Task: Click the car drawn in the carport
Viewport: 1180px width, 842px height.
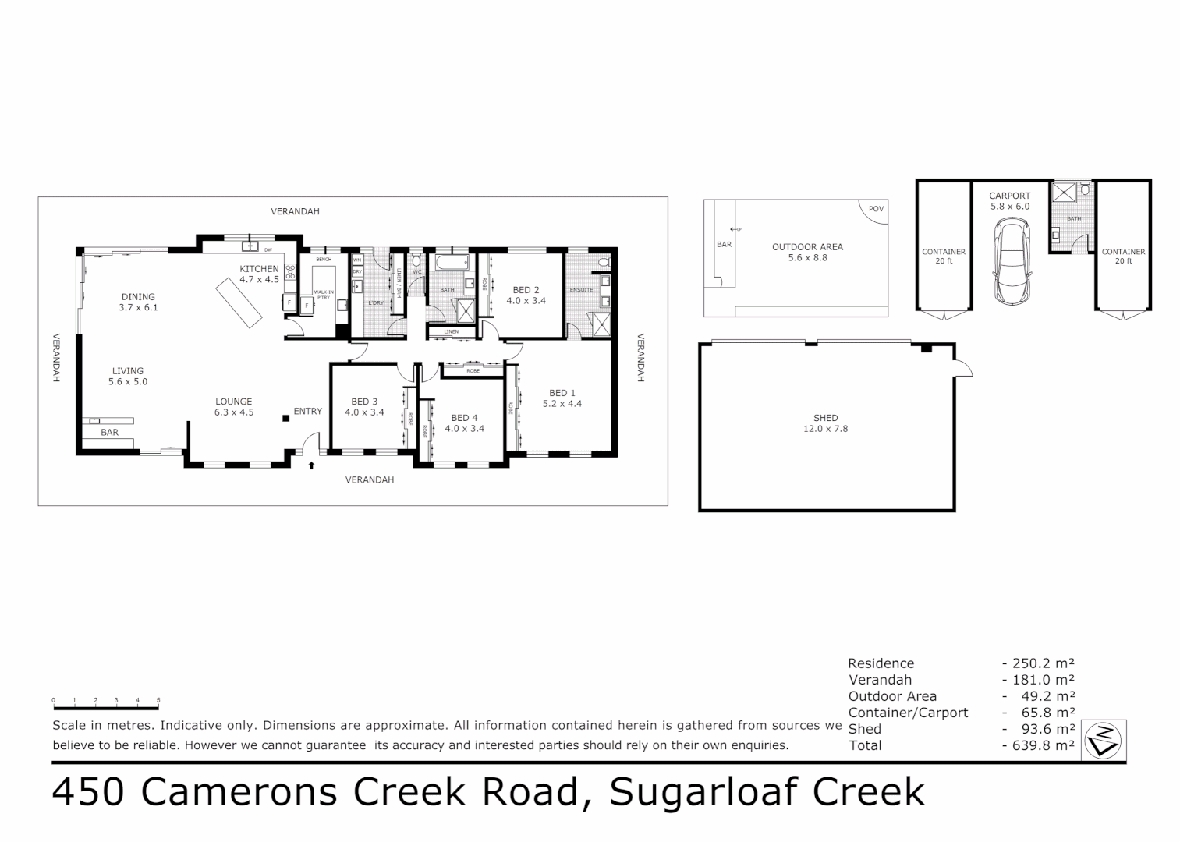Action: coord(1011,262)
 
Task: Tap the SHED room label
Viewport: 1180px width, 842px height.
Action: coord(825,423)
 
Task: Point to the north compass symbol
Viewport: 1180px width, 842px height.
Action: coord(1106,739)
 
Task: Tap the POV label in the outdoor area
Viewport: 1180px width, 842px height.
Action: coord(877,209)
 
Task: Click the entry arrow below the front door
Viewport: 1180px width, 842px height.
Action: coord(311,465)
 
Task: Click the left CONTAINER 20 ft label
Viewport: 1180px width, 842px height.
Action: coord(944,256)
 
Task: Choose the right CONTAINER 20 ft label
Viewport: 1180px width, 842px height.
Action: coord(1123,256)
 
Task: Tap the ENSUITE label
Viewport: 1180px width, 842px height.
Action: coord(581,290)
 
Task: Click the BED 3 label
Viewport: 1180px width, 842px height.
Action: coord(364,407)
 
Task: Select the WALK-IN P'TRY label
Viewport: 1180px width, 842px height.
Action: coord(324,295)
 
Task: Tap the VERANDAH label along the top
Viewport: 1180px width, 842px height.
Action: coord(295,211)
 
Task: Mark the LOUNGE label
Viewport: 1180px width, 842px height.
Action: coord(234,407)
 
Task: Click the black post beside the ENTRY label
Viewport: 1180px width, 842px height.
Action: coord(286,418)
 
